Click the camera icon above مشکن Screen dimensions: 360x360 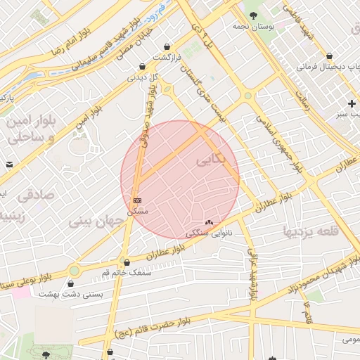click(x=136, y=200)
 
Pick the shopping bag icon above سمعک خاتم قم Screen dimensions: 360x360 click(x=127, y=262)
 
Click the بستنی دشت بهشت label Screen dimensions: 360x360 click(x=70, y=295)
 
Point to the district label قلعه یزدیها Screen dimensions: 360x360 click(x=310, y=231)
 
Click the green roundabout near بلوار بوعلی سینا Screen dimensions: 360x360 click(x=75, y=270)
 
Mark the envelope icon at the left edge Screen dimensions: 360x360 click(x=9, y=164)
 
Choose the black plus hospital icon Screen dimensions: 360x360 click(x=352, y=103)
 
